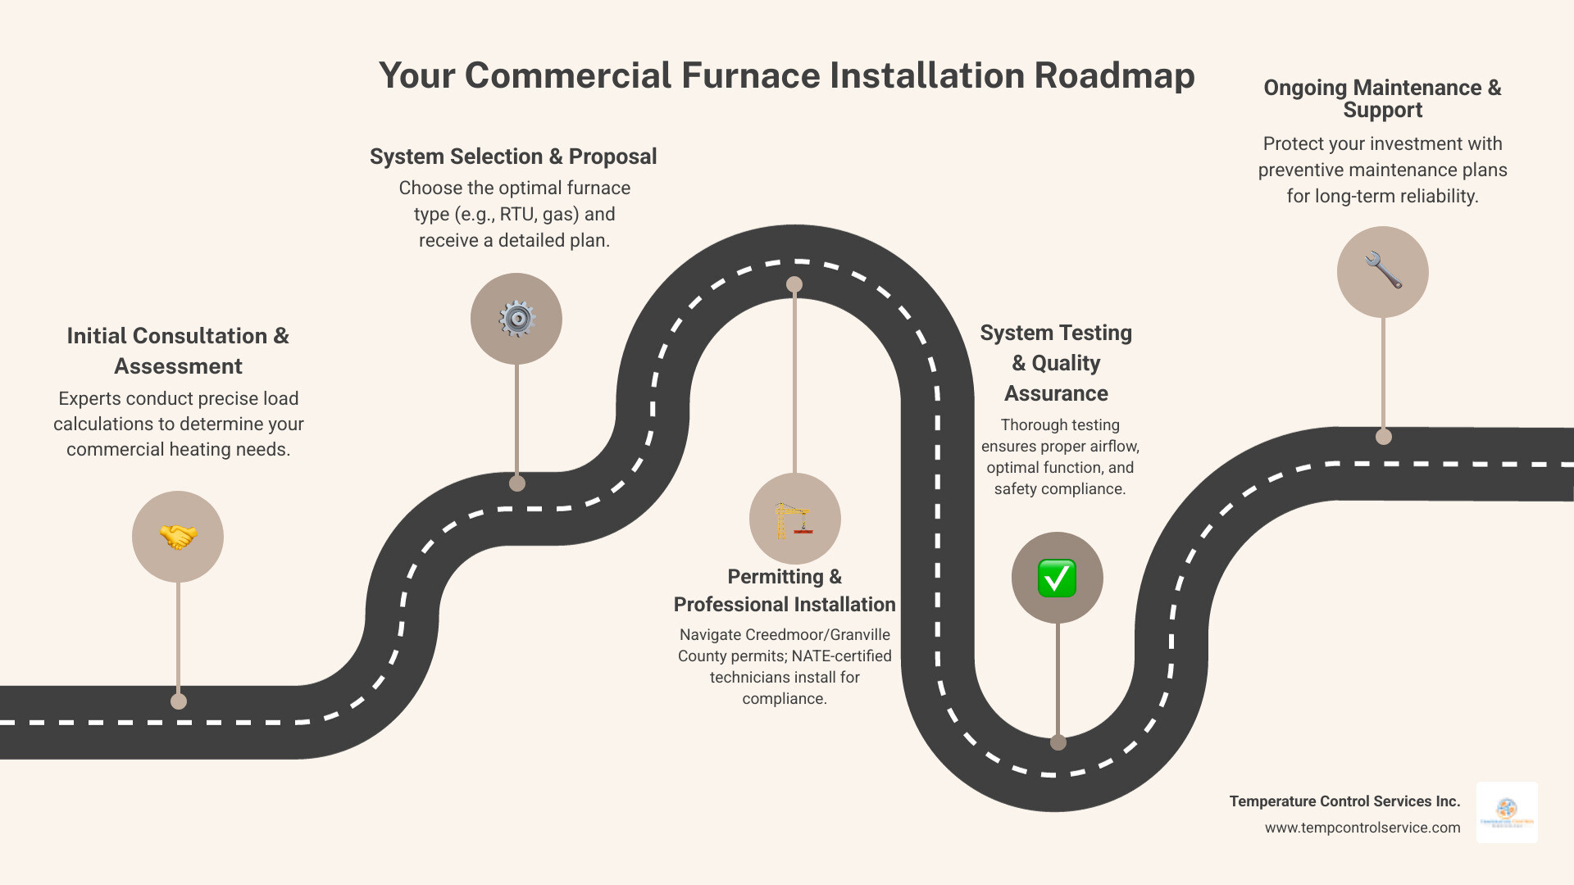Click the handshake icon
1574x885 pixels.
point(178,537)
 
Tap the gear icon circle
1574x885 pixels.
point(516,319)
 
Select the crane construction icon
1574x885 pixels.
point(794,520)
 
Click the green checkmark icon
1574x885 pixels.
point(1057,579)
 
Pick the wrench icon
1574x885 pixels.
point(1383,271)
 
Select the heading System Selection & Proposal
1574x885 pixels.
point(513,157)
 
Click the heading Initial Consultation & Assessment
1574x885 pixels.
point(178,351)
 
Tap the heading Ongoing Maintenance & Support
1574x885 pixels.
point(1382,98)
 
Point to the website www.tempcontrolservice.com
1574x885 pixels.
point(1362,828)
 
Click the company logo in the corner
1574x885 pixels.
point(1507,813)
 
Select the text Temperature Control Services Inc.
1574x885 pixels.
point(1344,801)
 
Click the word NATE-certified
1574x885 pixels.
point(841,656)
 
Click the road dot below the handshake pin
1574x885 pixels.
point(179,701)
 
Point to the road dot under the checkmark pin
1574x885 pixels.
point(1058,742)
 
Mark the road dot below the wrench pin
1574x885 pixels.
point(1384,437)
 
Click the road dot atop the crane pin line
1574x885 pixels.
point(794,284)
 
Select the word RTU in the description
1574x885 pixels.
point(516,214)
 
